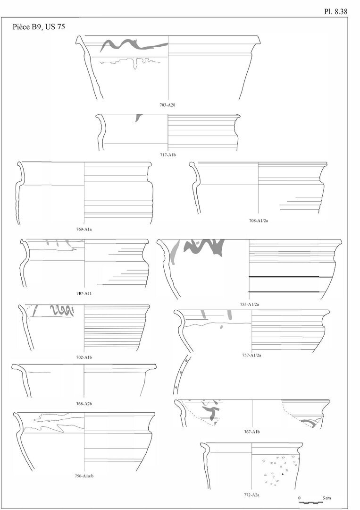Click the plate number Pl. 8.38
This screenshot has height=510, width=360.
[x=335, y=11]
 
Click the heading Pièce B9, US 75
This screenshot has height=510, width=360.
[x=39, y=26]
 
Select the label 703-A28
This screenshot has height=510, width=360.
[x=167, y=105]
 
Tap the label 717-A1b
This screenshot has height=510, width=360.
[x=167, y=155]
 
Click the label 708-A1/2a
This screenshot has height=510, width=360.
[x=258, y=221]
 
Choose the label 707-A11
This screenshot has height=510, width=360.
[x=84, y=293]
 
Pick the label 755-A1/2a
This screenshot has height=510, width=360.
[x=249, y=305]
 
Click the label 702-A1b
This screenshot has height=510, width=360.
[x=84, y=357]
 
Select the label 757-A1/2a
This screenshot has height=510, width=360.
[x=252, y=355]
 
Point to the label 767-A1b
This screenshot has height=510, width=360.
[x=252, y=432]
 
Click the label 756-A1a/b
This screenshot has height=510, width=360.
[x=84, y=476]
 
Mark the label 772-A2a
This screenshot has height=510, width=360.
[x=251, y=495]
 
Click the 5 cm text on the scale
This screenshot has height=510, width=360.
[x=327, y=498]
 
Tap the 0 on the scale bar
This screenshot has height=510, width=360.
[x=299, y=498]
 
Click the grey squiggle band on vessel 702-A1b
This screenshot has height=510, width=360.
[x=62, y=311]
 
